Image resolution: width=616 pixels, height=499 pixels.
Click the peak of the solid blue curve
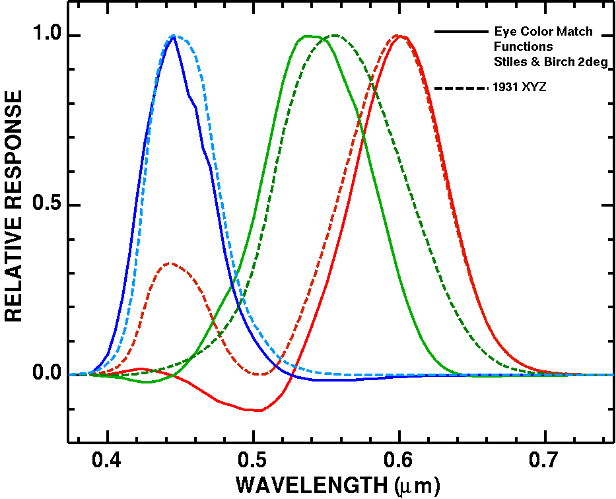[x=174, y=36]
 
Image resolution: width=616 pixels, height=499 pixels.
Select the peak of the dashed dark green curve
[x=335, y=35]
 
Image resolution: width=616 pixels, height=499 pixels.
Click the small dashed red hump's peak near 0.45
[x=171, y=263]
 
